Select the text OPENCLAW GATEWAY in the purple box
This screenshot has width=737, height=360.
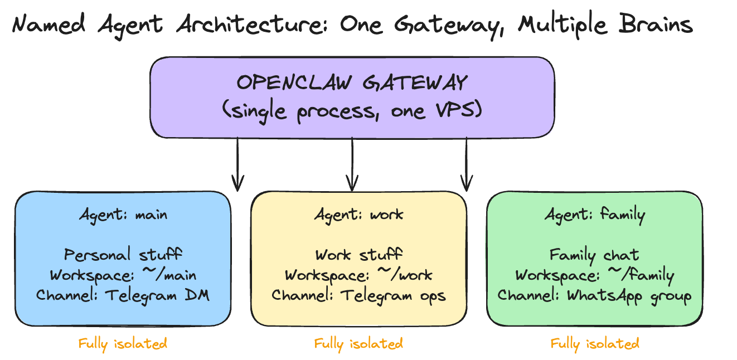point(352,83)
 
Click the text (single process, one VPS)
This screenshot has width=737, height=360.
point(352,110)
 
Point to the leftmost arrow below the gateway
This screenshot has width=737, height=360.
point(238,164)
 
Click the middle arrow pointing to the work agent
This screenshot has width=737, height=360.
point(352,164)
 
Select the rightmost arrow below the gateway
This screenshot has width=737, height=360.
point(467,164)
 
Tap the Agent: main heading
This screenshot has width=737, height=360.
point(123,215)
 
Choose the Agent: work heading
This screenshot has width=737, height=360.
point(358,215)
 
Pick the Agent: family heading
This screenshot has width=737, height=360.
point(594,215)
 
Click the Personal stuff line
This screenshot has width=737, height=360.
point(123,255)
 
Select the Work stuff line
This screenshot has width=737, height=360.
point(358,255)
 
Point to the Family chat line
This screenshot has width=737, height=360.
point(594,255)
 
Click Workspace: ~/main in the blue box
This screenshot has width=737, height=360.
point(123,275)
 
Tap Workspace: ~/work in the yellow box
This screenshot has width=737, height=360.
point(358,275)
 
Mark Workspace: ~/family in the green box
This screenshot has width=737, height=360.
point(594,275)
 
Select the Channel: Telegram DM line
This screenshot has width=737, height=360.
point(123,295)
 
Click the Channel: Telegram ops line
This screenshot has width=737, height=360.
point(358,295)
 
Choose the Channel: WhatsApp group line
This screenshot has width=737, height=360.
point(594,295)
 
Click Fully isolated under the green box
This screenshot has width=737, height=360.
point(594,344)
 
